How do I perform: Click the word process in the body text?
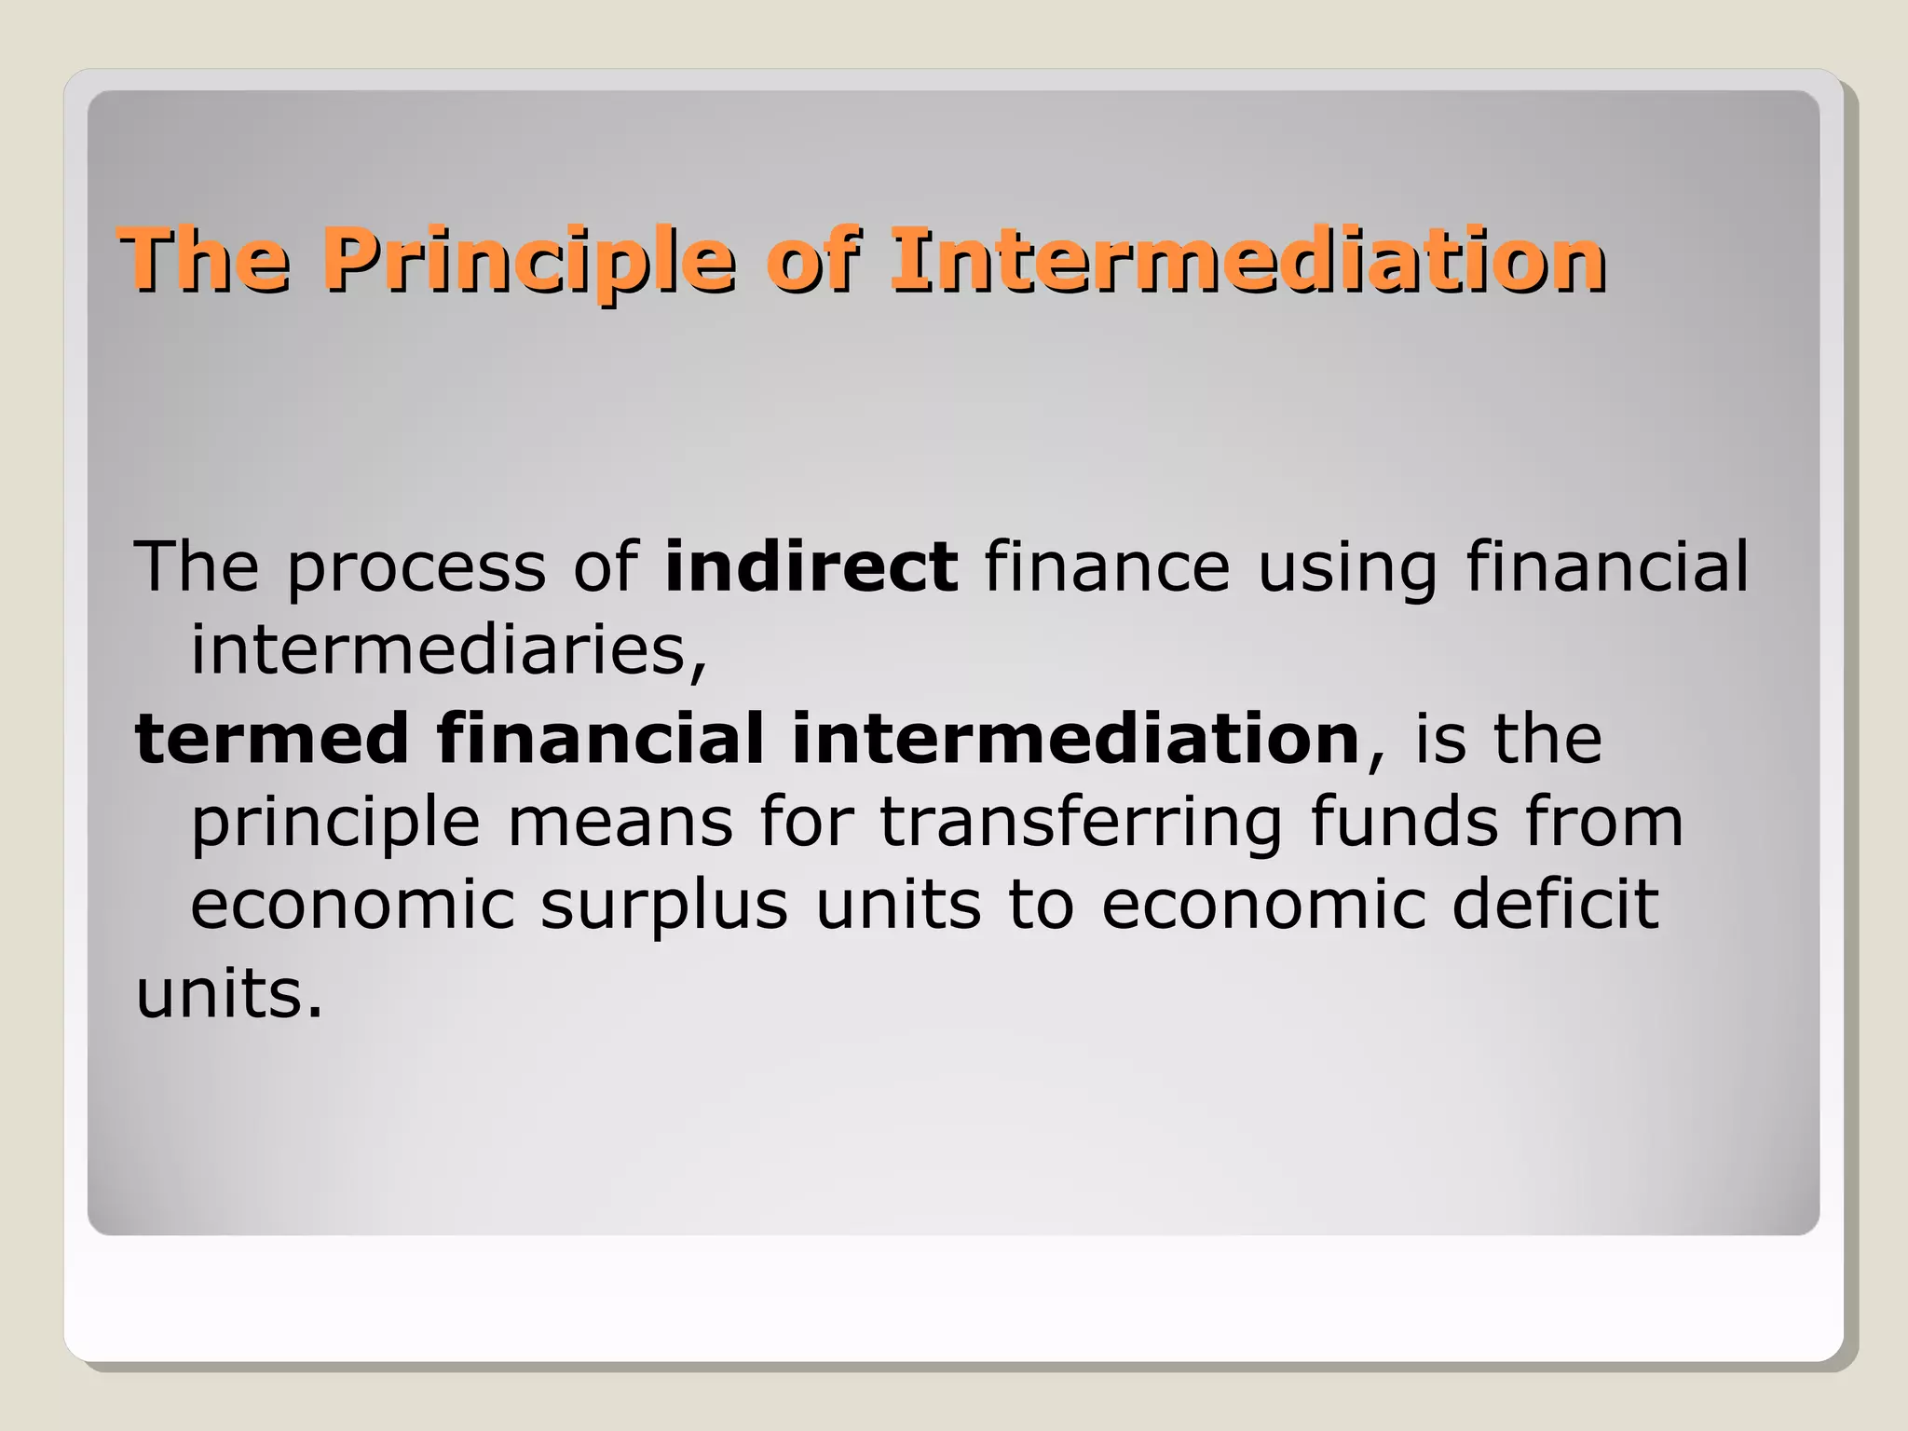416,568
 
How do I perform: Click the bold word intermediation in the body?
1076,739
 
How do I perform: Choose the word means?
620,823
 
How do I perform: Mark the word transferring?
1081,825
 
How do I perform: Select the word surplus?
664,906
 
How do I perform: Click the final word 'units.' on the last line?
229,994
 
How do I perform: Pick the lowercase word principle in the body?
335,825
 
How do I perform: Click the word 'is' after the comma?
1439,739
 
